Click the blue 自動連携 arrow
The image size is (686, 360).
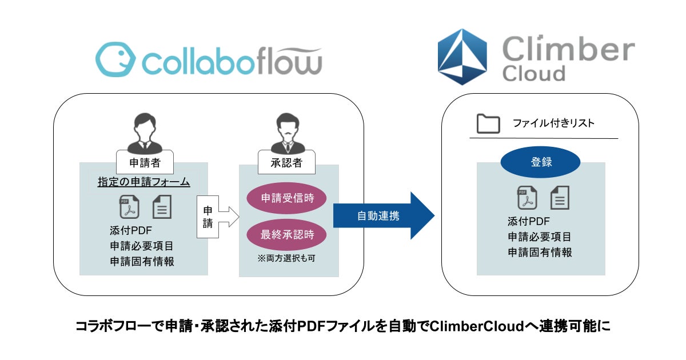[x=384, y=216]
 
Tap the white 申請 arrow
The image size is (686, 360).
[x=218, y=217]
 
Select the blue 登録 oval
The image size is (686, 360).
[x=541, y=162]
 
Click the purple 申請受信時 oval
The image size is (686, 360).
[x=286, y=198]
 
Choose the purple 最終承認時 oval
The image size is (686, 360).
[x=286, y=235]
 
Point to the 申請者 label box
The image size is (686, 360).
[x=145, y=162]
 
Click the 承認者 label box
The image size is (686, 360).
[x=286, y=162]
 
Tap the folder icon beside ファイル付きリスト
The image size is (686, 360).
[x=488, y=123]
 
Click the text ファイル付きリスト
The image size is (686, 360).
[x=554, y=123]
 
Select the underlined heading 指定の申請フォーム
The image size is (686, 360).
[x=144, y=182]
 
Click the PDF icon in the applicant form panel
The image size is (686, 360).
[x=129, y=207]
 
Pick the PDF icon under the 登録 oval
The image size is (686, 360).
[x=527, y=198]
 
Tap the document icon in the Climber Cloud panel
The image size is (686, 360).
[x=560, y=198]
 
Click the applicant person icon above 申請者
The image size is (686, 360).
[x=145, y=134]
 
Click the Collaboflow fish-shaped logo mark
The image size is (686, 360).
[x=115, y=59]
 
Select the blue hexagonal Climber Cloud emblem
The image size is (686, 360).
[x=462, y=57]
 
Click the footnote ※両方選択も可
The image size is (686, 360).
[x=286, y=258]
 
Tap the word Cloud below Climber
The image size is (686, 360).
[x=534, y=74]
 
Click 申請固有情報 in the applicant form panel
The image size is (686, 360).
[x=142, y=262]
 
